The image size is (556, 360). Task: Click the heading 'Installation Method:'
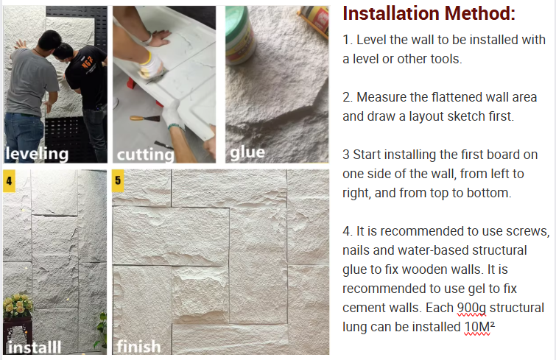click(429, 13)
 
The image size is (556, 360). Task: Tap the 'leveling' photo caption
click(37, 154)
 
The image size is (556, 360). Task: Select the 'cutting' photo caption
click(145, 155)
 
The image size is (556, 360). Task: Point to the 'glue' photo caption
click(247, 152)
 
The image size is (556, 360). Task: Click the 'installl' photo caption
click(35, 347)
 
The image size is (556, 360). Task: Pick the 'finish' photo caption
click(138, 346)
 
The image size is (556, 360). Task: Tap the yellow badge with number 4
click(10, 180)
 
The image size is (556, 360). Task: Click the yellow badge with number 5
click(118, 180)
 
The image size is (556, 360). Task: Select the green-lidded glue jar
click(240, 35)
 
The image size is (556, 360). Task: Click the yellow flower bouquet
click(18, 305)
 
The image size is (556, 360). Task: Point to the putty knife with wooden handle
click(144, 119)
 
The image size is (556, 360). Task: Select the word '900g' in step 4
click(471, 308)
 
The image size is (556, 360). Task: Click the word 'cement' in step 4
click(363, 308)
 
